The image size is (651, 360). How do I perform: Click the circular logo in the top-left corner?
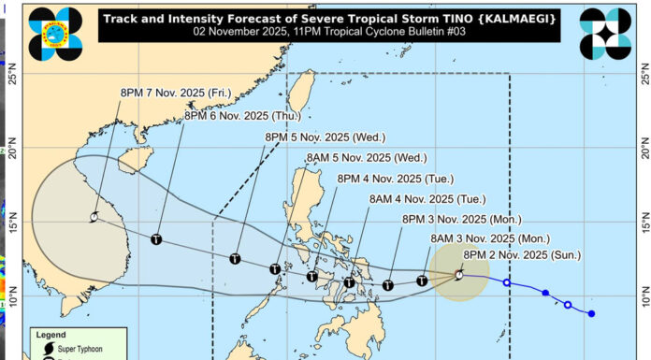pos(56,34)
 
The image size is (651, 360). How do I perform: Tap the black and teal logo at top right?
pos(604,34)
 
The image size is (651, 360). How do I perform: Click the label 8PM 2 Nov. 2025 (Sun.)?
pos(523,254)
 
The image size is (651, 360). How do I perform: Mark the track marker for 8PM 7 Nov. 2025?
pos(94,217)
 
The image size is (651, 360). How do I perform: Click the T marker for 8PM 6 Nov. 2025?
pos(155,239)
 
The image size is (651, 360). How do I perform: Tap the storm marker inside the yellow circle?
pos(458,275)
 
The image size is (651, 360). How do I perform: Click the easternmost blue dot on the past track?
pos(591,313)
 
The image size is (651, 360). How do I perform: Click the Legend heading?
pos(52,334)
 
